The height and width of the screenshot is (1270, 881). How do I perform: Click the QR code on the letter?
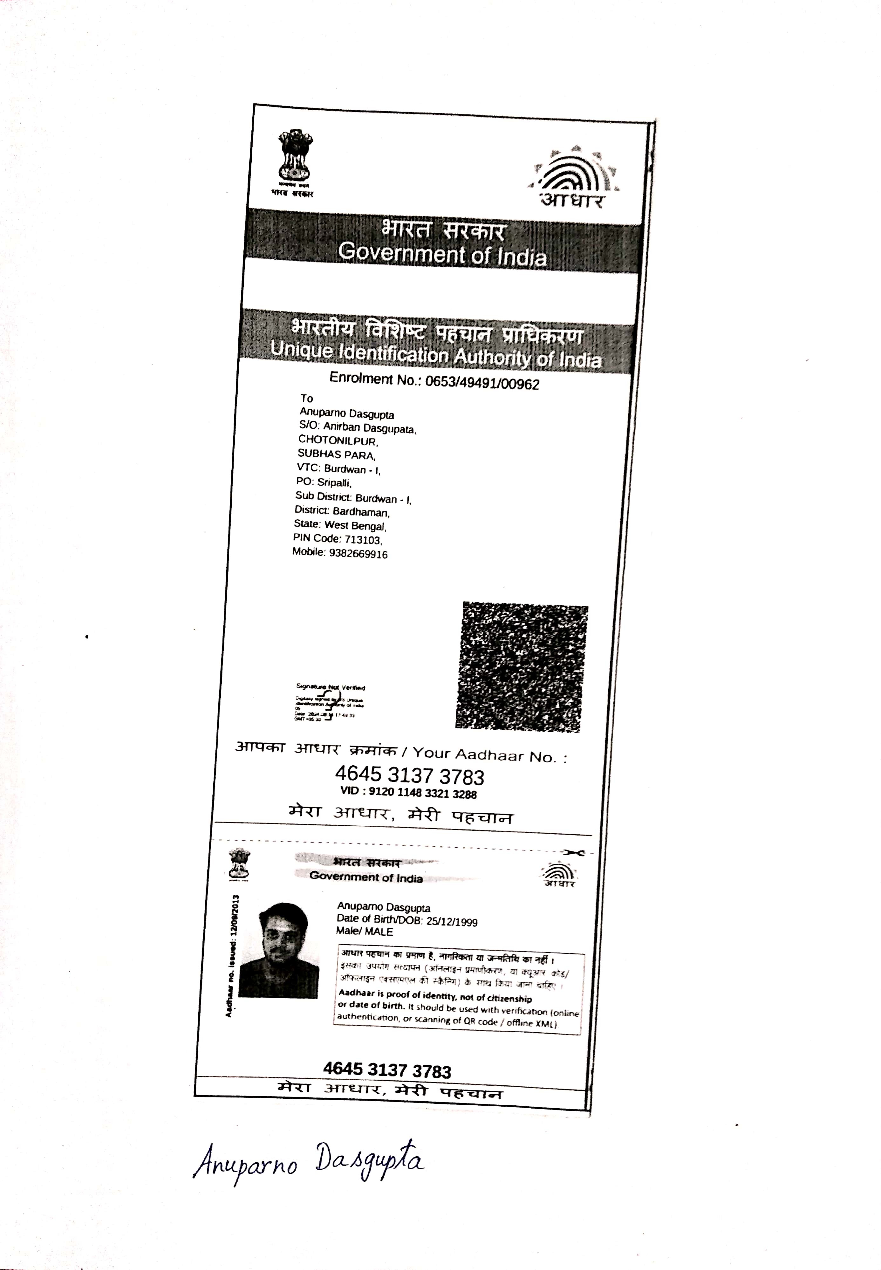pyautogui.click(x=522, y=667)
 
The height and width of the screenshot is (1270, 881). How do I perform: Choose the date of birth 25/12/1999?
pyautogui.click(x=452, y=922)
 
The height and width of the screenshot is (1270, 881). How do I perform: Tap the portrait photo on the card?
pyautogui.click(x=280, y=950)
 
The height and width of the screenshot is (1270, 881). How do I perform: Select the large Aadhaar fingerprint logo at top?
pyautogui.click(x=574, y=177)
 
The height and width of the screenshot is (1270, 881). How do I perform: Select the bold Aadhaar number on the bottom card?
pyautogui.click(x=387, y=1070)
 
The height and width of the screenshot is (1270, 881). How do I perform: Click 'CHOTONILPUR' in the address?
pyautogui.click(x=338, y=441)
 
